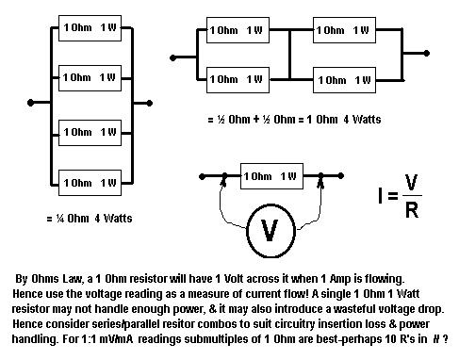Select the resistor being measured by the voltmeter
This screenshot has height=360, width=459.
click(x=269, y=175)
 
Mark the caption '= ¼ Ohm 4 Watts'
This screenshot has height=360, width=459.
click(x=90, y=219)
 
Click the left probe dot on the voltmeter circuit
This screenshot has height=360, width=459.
click(x=224, y=174)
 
